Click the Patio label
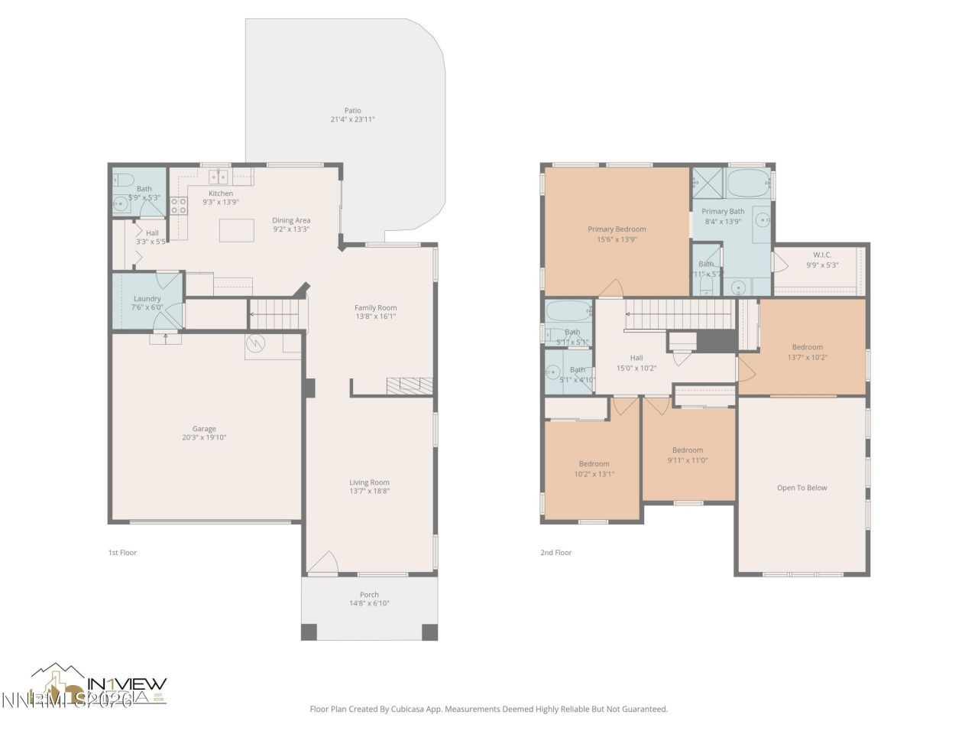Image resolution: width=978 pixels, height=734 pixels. (352, 111)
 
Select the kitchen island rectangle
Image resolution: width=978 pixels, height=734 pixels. (236, 230)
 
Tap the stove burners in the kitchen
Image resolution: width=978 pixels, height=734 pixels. (178, 205)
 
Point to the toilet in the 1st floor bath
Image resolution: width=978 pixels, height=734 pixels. (119, 180)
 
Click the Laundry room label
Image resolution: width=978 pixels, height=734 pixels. (147, 298)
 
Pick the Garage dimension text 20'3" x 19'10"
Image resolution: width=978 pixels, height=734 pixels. (204, 438)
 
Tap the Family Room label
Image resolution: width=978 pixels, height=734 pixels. (375, 307)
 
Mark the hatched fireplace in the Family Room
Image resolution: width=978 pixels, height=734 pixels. (410, 385)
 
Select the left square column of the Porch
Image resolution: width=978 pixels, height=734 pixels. (309, 632)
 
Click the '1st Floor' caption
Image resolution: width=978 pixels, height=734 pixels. (122, 552)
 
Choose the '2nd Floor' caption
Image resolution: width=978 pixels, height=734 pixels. (555, 552)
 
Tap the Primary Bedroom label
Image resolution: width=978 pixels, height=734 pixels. (616, 229)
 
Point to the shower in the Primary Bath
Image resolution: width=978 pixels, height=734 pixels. (707, 183)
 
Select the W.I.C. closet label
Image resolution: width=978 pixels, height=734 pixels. (822, 255)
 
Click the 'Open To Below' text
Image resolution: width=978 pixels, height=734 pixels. (802, 488)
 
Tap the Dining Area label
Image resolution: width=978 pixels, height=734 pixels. (291, 220)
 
